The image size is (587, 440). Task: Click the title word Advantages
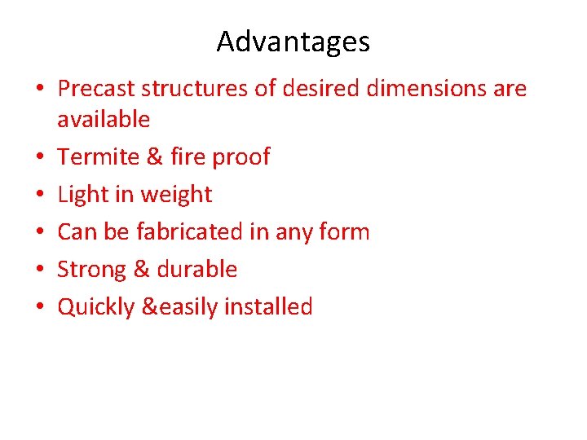coord(293,42)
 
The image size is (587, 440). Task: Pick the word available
coord(104,119)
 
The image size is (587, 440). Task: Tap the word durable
coord(196,270)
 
